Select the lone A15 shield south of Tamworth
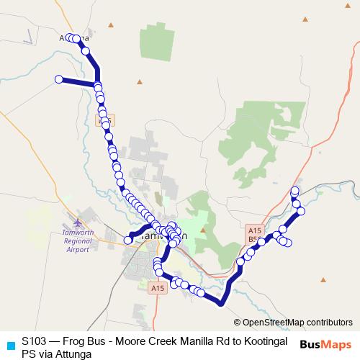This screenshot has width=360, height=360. pos(158,288)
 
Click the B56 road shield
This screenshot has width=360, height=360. pos(254,239)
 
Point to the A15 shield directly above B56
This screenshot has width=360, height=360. pos(254,229)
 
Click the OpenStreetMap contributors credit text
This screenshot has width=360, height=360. pos(297,323)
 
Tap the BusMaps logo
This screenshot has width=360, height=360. pos(325,345)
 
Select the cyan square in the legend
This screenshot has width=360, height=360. pos(9,345)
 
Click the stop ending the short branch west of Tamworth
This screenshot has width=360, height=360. pos(128,240)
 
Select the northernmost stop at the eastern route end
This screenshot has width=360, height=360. pos(294,190)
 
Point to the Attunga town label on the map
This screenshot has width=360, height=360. pos(75,37)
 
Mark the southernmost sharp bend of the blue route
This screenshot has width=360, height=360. pos(221,303)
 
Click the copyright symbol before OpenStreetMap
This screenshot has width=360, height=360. pos(238,323)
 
